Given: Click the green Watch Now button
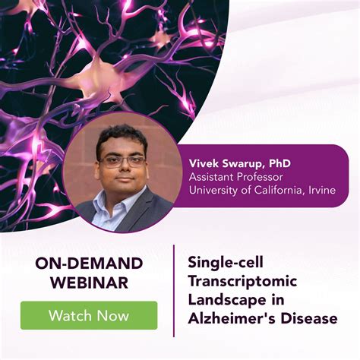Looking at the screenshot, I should (x=89, y=315).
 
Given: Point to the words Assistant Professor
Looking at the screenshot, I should (x=236, y=175).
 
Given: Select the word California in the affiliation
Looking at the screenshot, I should (x=276, y=189).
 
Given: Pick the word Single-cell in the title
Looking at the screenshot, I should (x=224, y=264).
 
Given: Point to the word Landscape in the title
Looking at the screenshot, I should (x=226, y=300).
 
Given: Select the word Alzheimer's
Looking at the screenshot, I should (x=231, y=318).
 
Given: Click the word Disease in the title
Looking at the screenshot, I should (x=308, y=318).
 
